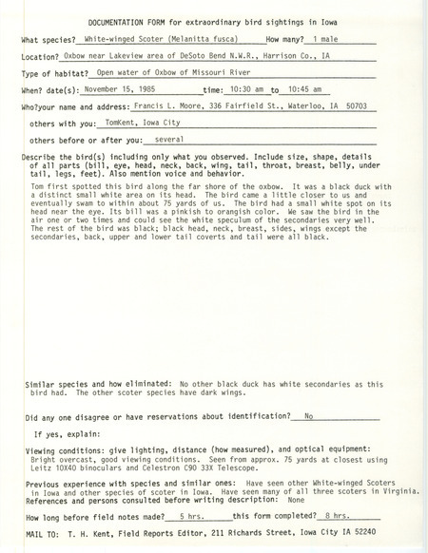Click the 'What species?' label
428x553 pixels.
tap(49, 42)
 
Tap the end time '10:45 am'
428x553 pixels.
tap(308, 93)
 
